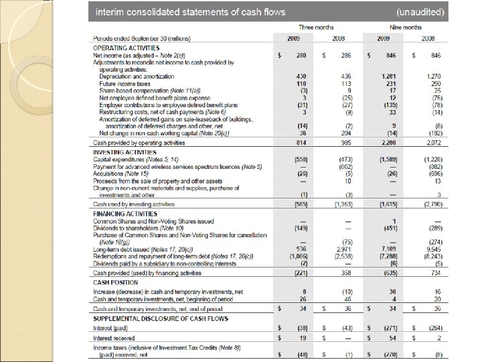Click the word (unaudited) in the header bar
click(x=424, y=12)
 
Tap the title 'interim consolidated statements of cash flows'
click(x=190, y=12)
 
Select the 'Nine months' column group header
click(x=406, y=27)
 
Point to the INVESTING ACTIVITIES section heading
click(x=118, y=153)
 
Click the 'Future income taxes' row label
click(x=118, y=83)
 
